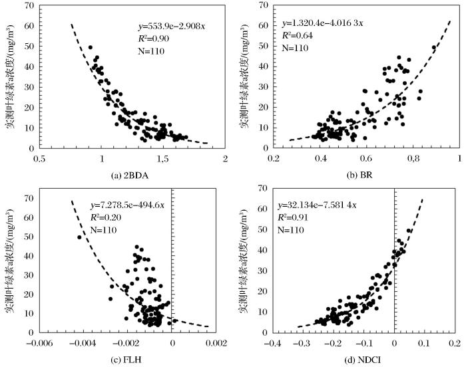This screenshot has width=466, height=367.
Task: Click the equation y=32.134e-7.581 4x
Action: tap(320, 198)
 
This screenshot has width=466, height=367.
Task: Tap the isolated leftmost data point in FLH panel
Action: tap(79, 237)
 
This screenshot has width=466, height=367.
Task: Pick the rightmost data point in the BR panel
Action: tap(434, 47)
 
